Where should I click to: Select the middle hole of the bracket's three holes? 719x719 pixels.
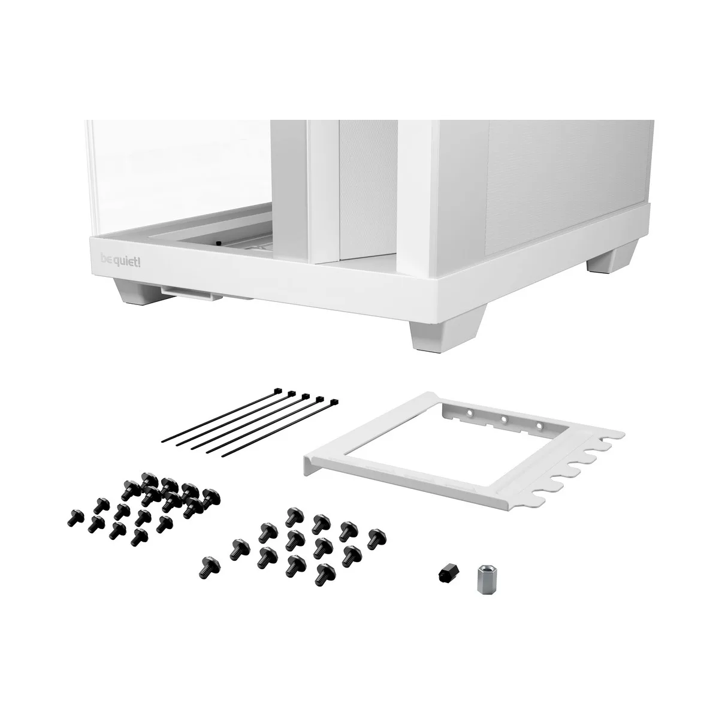pyautogui.click(x=504, y=419)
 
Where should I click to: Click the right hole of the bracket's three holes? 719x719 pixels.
pyautogui.click(x=539, y=426)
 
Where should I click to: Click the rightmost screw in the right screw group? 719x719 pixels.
pyautogui.click(x=376, y=536)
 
